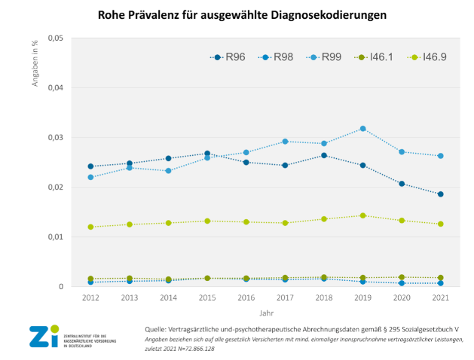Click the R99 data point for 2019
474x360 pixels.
[x=362, y=129]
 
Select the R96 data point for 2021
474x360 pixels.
[x=440, y=194]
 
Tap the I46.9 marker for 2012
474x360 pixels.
[x=90, y=227]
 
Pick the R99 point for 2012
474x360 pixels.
[x=90, y=177]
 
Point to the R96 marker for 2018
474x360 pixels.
[x=324, y=155]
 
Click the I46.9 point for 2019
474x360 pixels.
[x=362, y=215]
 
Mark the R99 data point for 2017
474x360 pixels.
[x=285, y=142]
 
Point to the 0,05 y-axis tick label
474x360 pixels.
[x=56, y=38]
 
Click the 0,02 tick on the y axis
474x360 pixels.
[x=56, y=188]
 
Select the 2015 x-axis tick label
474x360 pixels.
[x=206, y=298]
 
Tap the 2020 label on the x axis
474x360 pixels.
[x=402, y=298]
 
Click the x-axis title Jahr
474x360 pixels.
[x=265, y=312]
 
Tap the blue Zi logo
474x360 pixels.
[x=43, y=337]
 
